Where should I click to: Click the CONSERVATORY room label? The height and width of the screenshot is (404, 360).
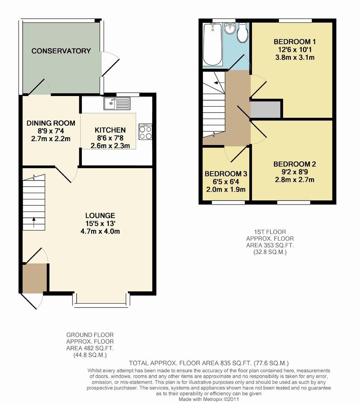tap(61, 51)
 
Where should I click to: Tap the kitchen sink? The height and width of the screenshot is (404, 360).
tap(117, 103)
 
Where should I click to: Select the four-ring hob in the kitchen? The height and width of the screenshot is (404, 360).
tap(145, 132)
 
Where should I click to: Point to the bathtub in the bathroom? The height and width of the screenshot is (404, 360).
tap(212, 44)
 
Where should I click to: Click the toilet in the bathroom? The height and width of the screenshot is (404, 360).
tap(242, 33)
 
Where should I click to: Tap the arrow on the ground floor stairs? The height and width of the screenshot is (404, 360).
tap(34, 223)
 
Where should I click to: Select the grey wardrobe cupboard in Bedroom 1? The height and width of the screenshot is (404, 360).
tap(265, 110)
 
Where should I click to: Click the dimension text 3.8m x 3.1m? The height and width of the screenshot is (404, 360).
tap(295, 58)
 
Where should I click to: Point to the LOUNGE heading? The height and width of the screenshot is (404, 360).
tap(100, 215)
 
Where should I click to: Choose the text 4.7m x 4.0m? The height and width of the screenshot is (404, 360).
tap(100, 231)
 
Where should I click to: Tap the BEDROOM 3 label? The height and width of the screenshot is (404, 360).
tap(226, 174)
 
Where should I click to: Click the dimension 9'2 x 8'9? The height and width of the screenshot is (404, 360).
tap(295, 172)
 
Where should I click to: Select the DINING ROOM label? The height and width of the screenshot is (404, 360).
tap(51, 123)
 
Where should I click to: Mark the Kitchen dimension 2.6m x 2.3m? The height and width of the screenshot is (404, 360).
tap(110, 146)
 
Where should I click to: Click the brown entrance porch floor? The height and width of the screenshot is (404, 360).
tap(35, 277)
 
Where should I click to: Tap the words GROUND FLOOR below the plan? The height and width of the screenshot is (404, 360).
tap(90, 335)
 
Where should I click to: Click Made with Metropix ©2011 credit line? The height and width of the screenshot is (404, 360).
tap(209, 399)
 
